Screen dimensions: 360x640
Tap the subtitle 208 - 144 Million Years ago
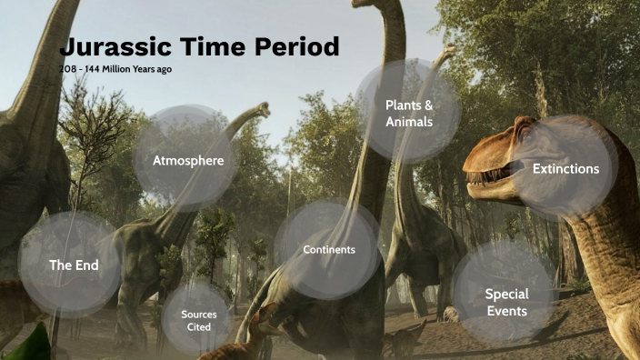pyautogui.click(x=115, y=69)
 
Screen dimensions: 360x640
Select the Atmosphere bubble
pyautogui.click(x=188, y=161)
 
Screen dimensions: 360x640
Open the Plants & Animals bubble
pyautogui.click(x=408, y=113)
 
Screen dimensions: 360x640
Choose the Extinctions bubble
pyautogui.click(x=565, y=169)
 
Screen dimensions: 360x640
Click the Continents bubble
pyautogui.click(x=328, y=249)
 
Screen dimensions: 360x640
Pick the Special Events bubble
pyautogui.click(x=506, y=301)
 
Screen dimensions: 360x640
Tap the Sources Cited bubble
pyautogui.click(x=198, y=319)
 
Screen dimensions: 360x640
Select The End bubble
pyautogui.click(x=73, y=265)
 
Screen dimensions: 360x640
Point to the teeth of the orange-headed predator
pyautogui.click(x=495, y=174)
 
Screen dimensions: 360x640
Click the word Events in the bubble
pyautogui.click(x=506, y=310)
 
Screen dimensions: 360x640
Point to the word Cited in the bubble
pyautogui.click(x=198, y=326)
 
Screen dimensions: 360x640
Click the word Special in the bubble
pyautogui.click(x=506, y=294)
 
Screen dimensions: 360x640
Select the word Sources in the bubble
pyautogui.click(x=198, y=314)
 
